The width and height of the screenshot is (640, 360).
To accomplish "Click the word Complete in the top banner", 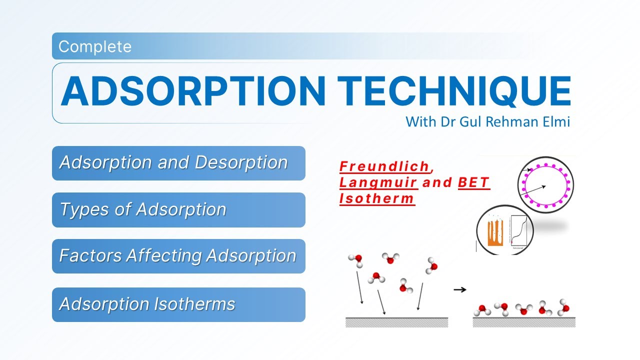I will (x=94, y=46).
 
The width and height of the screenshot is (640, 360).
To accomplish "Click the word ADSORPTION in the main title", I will (x=193, y=91).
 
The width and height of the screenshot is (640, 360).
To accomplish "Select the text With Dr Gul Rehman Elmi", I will (x=487, y=121).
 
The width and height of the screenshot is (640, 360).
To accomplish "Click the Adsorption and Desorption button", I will (x=178, y=163).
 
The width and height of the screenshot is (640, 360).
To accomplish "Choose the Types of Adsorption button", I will (x=178, y=209).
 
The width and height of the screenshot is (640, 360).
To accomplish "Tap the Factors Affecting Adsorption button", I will (x=178, y=256).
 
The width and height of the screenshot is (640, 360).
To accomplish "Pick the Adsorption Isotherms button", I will (x=178, y=304).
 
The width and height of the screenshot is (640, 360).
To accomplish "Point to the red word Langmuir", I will (x=378, y=182).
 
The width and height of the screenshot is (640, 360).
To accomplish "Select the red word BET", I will (x=473, y=182).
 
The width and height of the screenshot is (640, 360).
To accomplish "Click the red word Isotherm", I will (x=377, y=198).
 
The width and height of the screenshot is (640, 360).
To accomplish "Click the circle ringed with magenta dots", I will (x=545, y=184).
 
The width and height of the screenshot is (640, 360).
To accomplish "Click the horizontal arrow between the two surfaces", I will (x=460, y=289).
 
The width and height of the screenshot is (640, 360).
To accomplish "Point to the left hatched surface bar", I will (x=396, y=322).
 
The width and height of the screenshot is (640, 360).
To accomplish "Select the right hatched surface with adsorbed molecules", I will (x=524, y=322).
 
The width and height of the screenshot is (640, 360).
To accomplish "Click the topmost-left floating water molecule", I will (x=355, y=259).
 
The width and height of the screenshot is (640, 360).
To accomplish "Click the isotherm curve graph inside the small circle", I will (x=520, y=231).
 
